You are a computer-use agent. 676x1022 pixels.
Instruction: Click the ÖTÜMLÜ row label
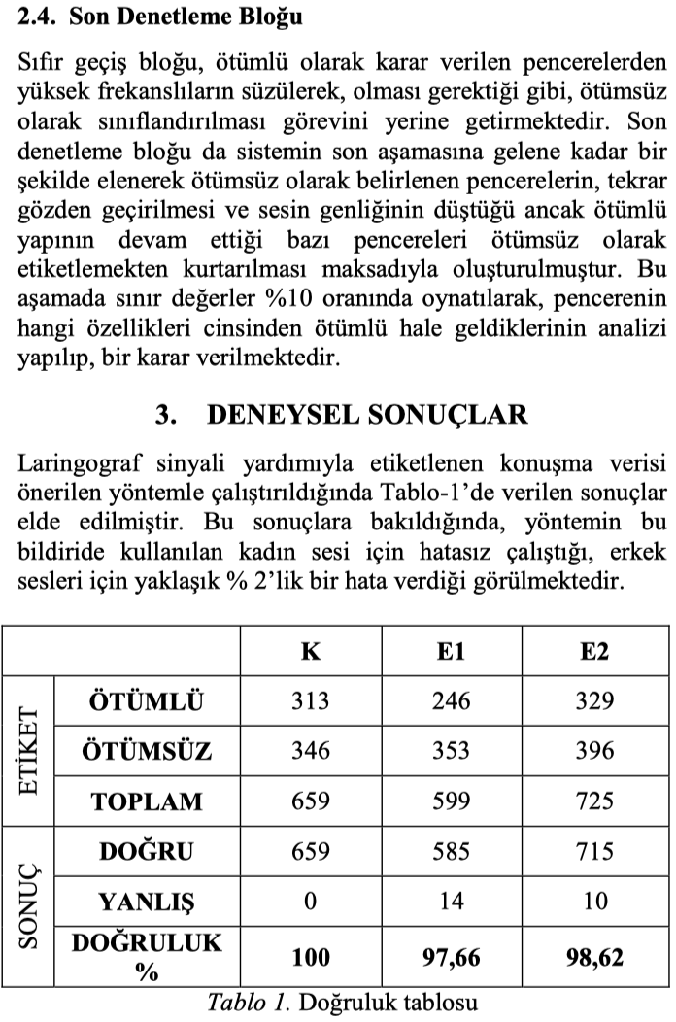click(x=147, y=701)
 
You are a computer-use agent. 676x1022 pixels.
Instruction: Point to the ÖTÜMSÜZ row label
click(x=147, y=751)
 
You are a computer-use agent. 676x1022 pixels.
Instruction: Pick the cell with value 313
click(x=310, y=701)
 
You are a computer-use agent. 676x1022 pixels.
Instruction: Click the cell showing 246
click(x=451, y=701)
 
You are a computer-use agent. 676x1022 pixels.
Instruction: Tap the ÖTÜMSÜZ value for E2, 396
click(x=593, y=751)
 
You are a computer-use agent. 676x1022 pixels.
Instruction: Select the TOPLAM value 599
click(x=451, y=801)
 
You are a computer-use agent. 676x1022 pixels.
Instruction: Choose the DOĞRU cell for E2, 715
click(x=593, y=852)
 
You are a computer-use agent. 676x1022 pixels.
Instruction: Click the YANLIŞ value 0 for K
click(x=310, y=902)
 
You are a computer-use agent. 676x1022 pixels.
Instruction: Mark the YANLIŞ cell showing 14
click(x=451, y=902)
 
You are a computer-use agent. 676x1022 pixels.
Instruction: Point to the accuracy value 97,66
click(x=451, y=959)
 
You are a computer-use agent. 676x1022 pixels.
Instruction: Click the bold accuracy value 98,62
click(x=593, y=959)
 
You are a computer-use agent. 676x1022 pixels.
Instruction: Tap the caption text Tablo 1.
click(x=248, y=1004)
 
